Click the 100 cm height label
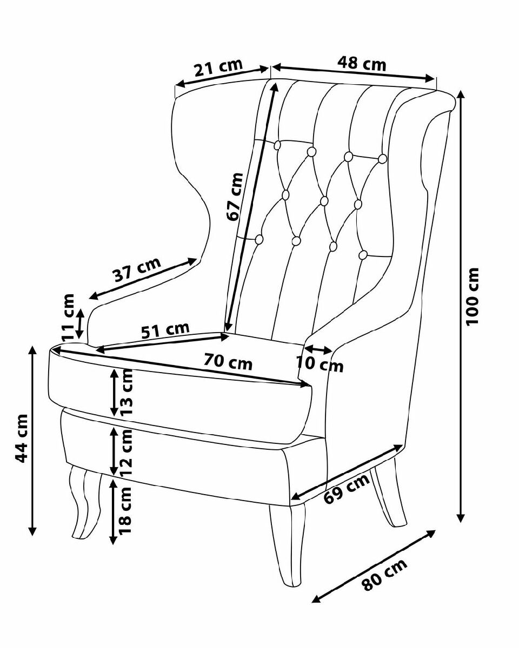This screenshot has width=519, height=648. [x=473, y=296]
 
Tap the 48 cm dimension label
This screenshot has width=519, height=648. [x=362, y=64]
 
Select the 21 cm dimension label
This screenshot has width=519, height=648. [x=217, y=68]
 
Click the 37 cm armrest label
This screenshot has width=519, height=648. [x=137, y=271]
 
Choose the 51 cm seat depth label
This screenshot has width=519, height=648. [x=165, y=330]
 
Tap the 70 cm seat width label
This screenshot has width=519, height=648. [x=228, y=361]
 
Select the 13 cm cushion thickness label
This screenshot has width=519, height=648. [x=127, y=391]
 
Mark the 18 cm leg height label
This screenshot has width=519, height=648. [x=125, y=510]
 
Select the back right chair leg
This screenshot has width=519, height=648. [x=389, y=494]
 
